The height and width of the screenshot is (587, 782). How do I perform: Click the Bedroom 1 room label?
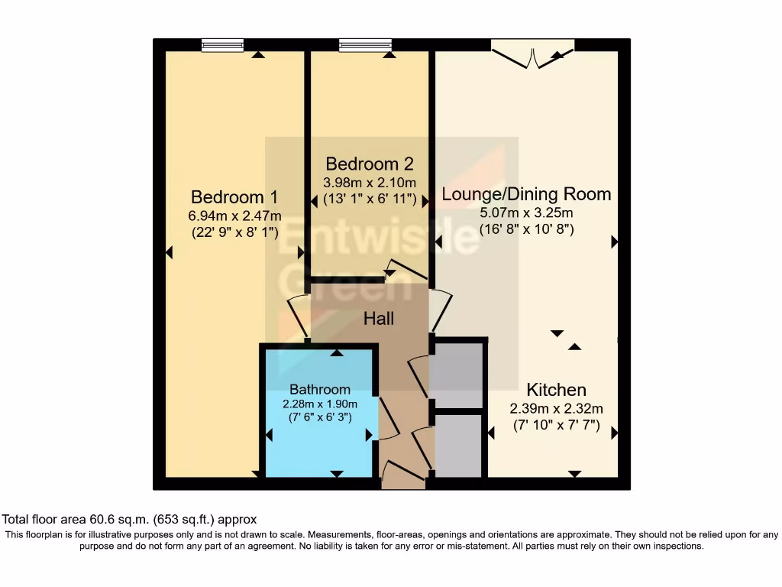(x=234, y=195)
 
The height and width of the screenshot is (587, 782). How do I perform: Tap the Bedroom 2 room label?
(x=370, y=164)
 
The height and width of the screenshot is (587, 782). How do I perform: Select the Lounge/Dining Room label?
(x=526, y=194)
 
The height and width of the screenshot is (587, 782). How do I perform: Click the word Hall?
(x=379, y=318)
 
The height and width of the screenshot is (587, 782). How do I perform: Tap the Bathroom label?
(x=319, y=389)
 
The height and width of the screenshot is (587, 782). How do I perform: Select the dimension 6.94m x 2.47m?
(x=234, y=215)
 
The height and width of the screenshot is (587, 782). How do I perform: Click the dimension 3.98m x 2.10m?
(x=370, y=183)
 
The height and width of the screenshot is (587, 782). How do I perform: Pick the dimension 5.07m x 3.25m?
(x=526, y=212)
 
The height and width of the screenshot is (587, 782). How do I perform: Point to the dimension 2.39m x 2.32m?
(x=556, y=408)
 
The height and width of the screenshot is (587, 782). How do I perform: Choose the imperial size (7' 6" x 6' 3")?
(x=319, y=417)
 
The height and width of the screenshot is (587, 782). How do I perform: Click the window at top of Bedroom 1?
(x=222, y=45)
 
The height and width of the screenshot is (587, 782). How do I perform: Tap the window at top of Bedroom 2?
(x=364, y=45)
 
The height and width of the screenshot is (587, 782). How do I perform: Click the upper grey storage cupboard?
(x=457, y=375)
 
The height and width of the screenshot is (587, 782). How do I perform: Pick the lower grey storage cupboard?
(x=457, y=445)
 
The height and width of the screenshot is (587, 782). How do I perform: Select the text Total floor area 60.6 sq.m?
(x=130, y=519)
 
